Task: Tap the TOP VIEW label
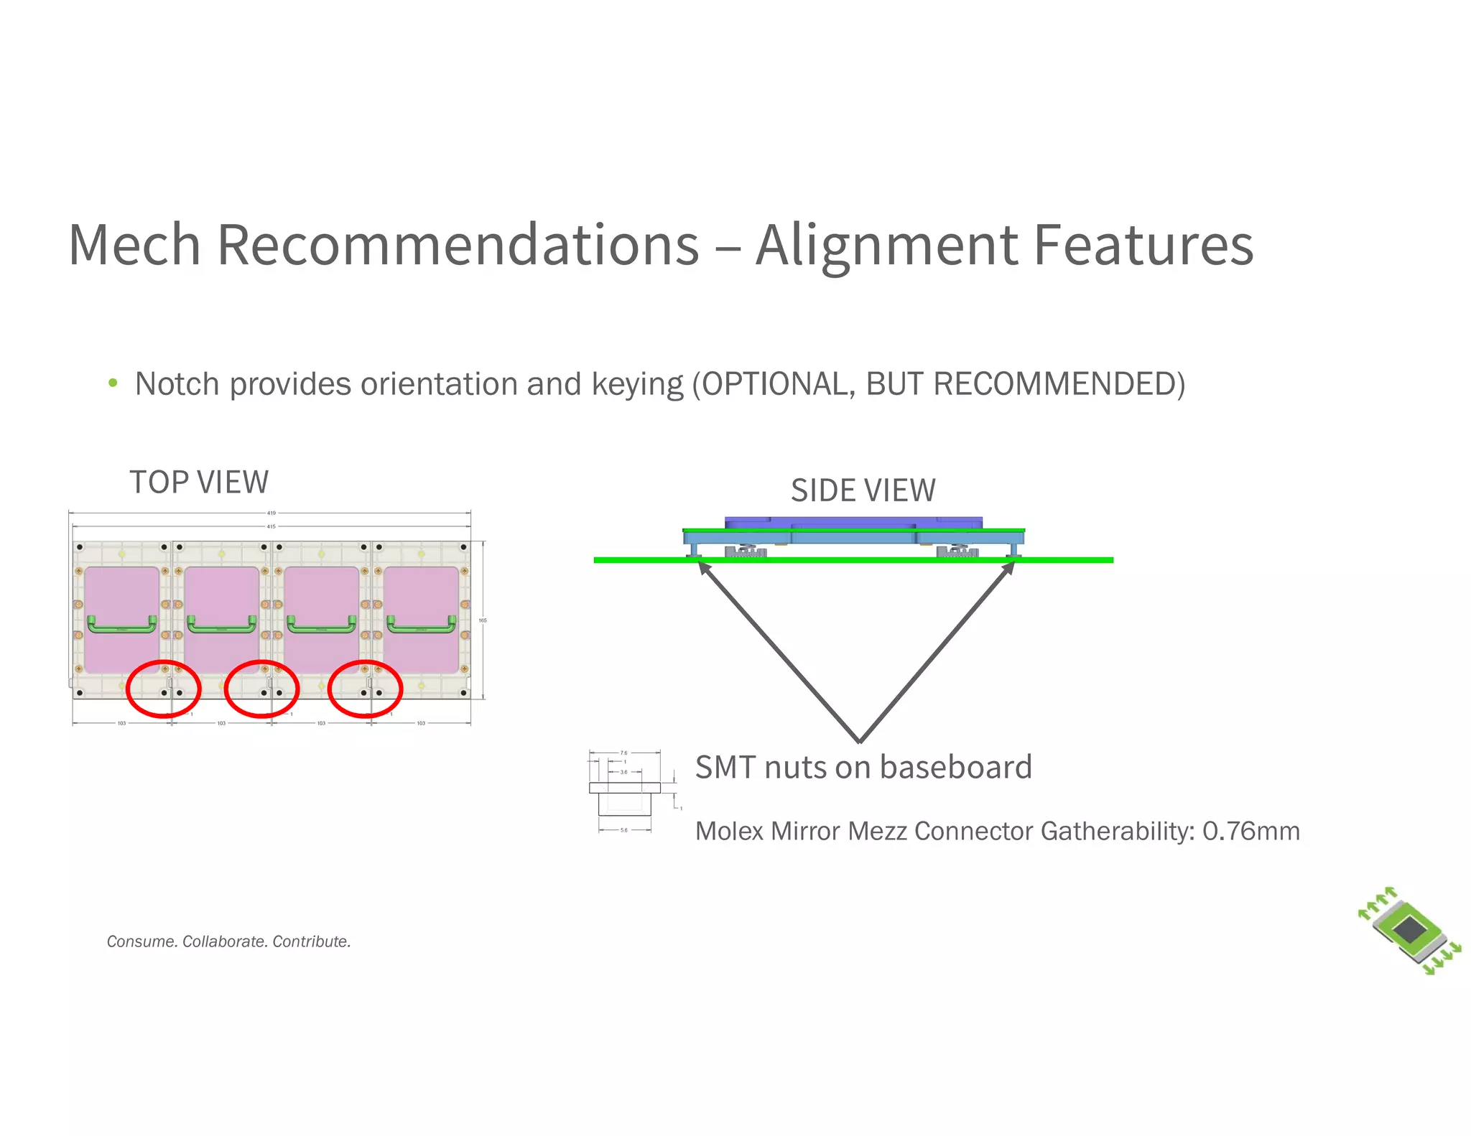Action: [199, 482]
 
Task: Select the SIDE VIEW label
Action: [863, 490]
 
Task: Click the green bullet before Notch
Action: [113, 383]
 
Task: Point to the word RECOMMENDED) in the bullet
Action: [1059, 383]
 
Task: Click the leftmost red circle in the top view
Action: [163, 689]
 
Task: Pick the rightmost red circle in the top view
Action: [365, 689]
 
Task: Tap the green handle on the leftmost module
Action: [121, 625]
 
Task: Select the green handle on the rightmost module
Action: [421, 625]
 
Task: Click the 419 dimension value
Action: [272, 513]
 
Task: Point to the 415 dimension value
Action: [272, 526]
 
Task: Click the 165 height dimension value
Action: [483, 620]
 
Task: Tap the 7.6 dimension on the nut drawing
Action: [623, 753]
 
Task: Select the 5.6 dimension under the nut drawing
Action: [623, 830]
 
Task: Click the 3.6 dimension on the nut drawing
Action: [623, 772]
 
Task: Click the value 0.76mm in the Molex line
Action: [1250, 831]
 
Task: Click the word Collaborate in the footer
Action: [225, 941]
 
